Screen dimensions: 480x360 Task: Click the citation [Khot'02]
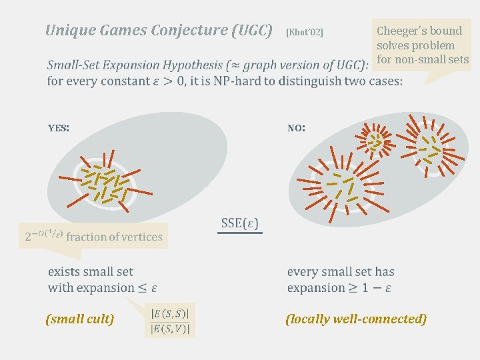click(x=304, y=32)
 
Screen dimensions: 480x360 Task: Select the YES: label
click(x=59, y=127)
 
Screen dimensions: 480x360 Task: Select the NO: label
click(x=297, y=127)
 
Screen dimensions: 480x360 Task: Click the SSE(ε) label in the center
click(x=240, y=223)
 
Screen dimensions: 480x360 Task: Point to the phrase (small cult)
click(x=80, y=319)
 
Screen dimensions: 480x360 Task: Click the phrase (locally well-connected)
click(x=356, y=319)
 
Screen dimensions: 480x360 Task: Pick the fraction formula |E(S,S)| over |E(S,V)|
click(x=170, y=321)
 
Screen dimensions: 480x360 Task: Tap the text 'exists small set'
click(x=91, y=271)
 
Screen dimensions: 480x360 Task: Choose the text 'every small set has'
click(x=341, y=271)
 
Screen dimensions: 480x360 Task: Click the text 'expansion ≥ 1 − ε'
click(x=339, y=288)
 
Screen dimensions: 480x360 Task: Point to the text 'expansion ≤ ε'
click(x=102, y=288)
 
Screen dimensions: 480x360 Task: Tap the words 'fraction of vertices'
click(x=115, y=237)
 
